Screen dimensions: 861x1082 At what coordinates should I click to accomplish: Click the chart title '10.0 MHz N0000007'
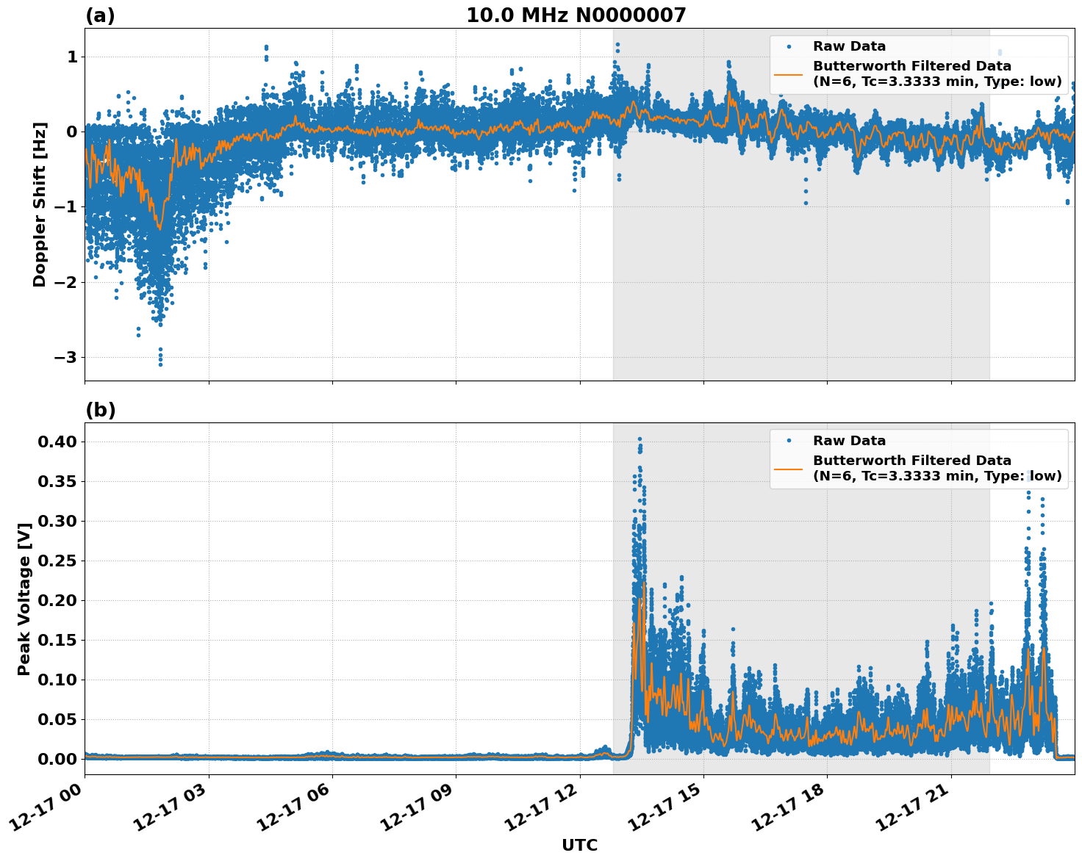click(576, 15)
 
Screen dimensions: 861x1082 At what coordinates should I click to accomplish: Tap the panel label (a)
click(100, 15)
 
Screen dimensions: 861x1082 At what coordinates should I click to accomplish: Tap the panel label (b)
click(100, 410)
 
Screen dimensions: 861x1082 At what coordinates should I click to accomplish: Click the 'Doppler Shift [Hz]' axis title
click(40, 204)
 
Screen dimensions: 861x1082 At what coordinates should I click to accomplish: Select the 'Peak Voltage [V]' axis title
click(24, 599)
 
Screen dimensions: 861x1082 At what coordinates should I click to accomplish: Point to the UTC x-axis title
click(579, 846)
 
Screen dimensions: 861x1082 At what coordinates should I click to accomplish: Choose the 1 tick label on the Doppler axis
click(72, 57)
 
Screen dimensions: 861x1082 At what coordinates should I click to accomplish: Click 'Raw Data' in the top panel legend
click(849, 46)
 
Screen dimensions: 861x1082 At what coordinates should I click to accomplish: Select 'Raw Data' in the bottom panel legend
click(849, 441)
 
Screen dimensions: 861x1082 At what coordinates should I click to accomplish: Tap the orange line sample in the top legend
click(788, 73)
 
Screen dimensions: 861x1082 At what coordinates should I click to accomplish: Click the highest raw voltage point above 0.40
click(639, 439)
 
